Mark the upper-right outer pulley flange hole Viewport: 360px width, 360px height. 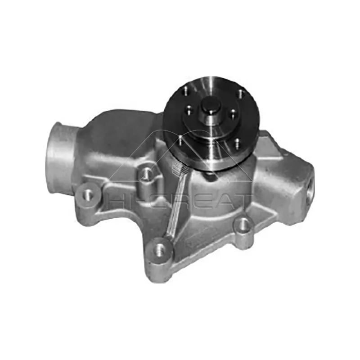click(240, 94)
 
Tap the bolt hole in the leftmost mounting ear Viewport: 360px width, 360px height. click(87, 194)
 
